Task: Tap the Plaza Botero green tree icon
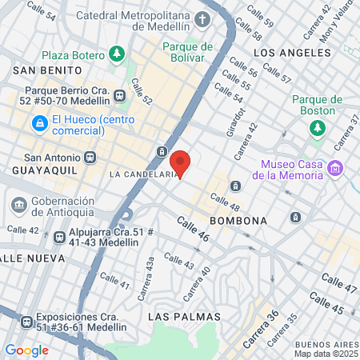(118, 54)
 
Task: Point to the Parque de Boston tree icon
(318, 127)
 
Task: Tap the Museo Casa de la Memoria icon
(336, 168)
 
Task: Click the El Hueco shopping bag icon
(39, 123)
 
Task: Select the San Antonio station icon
(90, 158)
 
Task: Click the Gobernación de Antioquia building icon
(18, 205)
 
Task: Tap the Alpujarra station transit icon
(59, 237)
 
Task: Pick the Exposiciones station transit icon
(24, 322)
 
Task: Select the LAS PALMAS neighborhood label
(182, 317)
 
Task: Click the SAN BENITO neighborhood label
(37, 70)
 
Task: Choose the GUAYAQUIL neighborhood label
(38, 171)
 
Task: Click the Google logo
(26, 350)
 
